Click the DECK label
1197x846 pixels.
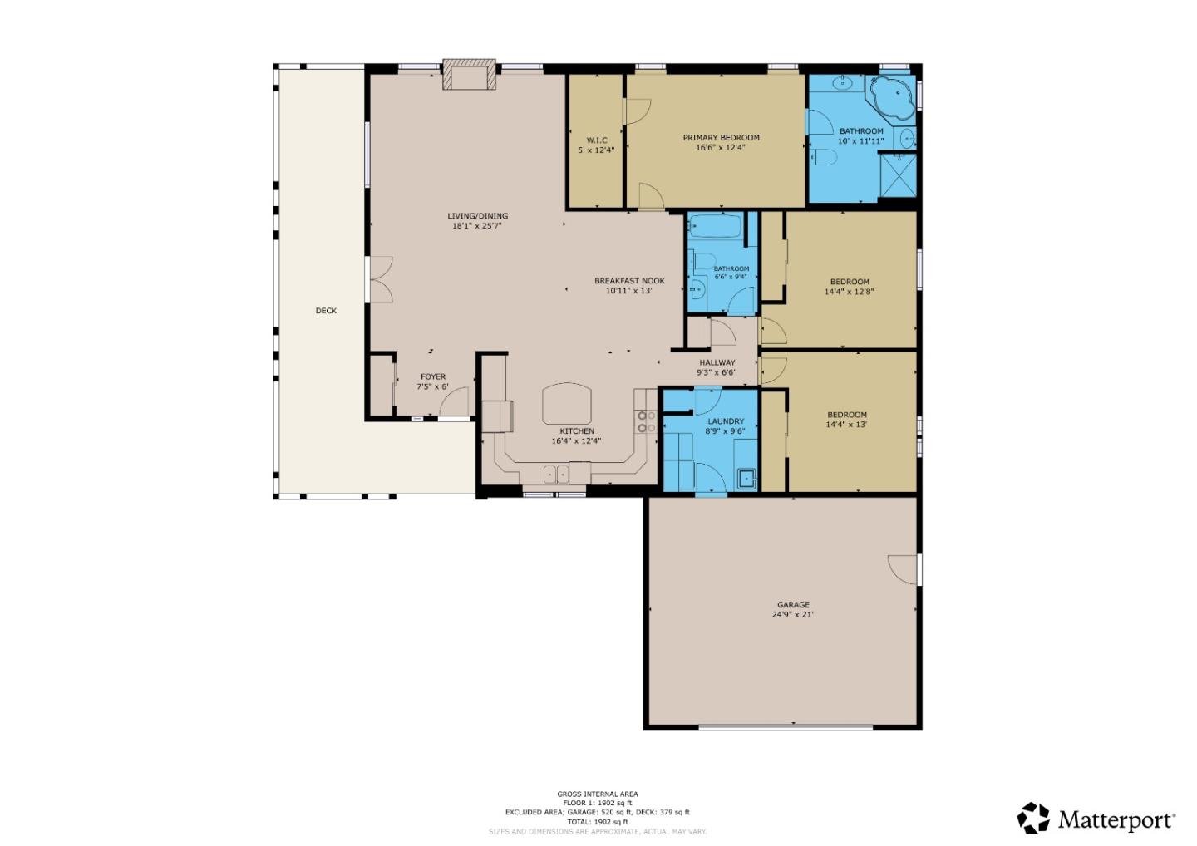(x=326, y=311)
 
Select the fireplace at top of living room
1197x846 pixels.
(x=469, y=74)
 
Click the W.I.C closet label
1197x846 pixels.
(x=596, y=140)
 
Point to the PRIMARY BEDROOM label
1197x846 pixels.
(x=721, y=138)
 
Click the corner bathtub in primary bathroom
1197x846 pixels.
(x=890, y=97)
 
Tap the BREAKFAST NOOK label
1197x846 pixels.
(x=629, y=281)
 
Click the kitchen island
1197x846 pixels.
(x=569, y=405)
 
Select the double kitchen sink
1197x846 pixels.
(x=556, y=474)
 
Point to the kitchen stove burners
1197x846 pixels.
(x=646, y=421)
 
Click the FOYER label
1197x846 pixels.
(x=432, y=377)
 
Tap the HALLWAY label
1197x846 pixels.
(x=717, y=363)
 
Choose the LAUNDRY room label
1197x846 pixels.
(x=725, y=421)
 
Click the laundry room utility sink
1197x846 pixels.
(x=746, y=478)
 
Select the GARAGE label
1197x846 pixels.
(x=793, y=605)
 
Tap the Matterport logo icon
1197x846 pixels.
(x=1033, y=819)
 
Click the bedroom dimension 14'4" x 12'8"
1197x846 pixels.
(x=849, y=292)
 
